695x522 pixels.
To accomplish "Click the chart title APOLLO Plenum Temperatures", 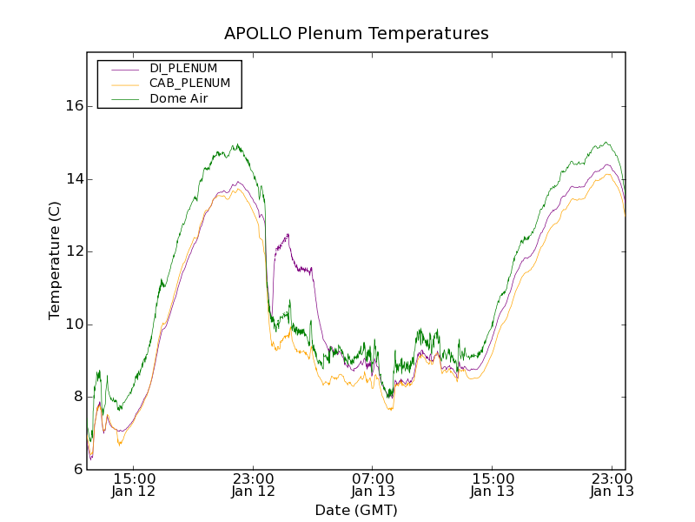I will click(356, 34).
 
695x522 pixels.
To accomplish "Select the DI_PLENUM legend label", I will click(183, 68).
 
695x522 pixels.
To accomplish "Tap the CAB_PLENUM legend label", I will click(189, 84).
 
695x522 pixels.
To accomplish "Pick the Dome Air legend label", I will click(178, 99).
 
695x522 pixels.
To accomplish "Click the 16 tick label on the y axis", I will click(74, 106).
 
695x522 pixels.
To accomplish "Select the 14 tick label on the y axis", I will click(74, 179).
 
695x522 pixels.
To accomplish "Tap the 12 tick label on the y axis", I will click(74, 251).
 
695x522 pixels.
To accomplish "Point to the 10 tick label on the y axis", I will click(74, 325).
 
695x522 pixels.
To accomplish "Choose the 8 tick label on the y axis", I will click(78, 397).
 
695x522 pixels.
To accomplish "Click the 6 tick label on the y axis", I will click(78, 470).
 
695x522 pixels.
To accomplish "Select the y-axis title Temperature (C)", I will click(55, 260).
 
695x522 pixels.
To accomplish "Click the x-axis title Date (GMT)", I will click(356, 511).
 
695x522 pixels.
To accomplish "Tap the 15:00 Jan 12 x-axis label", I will click(134, 485).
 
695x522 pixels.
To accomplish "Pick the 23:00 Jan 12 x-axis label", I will click(254, 485).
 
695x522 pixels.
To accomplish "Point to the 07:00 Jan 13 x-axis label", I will click(373, 485).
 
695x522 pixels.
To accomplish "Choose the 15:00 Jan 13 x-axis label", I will click(493, 485).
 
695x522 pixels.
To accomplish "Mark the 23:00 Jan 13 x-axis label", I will click(612, 485).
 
